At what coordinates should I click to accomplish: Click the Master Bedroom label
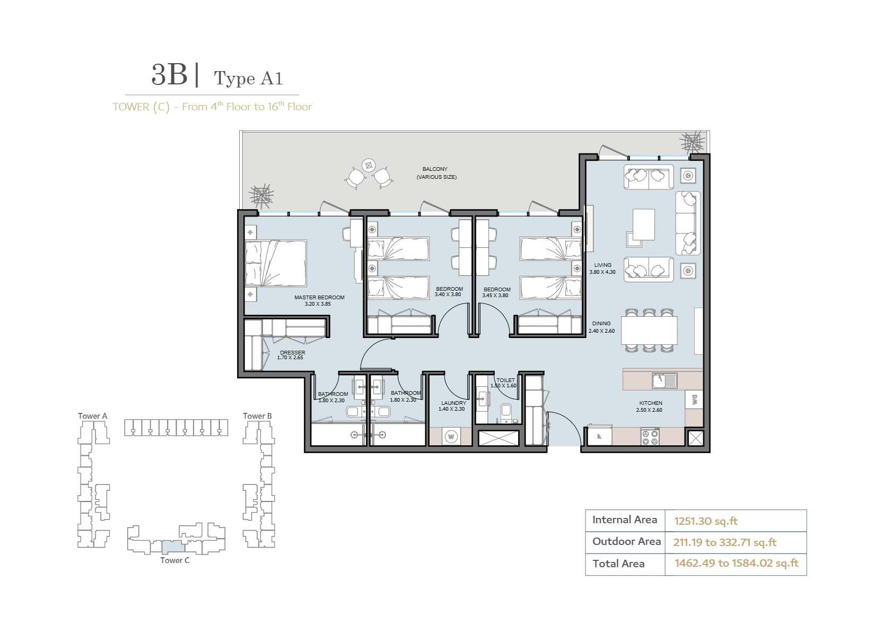319,297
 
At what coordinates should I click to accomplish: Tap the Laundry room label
454,403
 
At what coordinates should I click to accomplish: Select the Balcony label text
435,169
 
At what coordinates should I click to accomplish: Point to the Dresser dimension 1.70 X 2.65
290,358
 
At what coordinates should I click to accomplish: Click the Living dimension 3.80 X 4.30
602,272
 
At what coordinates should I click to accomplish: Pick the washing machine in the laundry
451,437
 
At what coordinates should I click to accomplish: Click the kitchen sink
664,380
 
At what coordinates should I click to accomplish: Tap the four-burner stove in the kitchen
650,437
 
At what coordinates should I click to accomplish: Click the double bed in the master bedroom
276,263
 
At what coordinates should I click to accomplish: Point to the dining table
649,331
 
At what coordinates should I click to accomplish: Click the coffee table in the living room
643,224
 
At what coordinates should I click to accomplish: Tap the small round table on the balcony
369,165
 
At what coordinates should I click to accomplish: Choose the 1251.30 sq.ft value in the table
706,521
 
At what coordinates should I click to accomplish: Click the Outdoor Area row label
626,541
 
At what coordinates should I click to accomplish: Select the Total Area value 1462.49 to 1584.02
737,563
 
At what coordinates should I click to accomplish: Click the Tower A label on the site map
92,415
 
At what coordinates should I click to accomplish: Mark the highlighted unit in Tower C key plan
173,546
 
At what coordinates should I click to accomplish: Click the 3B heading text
170,75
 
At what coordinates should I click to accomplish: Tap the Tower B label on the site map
258,415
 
